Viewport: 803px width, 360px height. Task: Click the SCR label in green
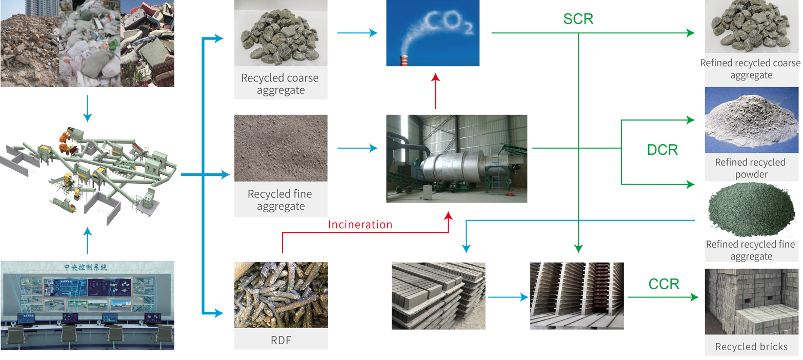(x=578, y=19)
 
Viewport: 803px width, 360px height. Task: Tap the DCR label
(x=662, y=150)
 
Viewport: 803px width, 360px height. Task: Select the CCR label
(x=664, y=284)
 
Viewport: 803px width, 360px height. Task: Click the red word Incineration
(x=360, y=225)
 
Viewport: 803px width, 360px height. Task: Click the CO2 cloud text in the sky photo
(x=446, y=23)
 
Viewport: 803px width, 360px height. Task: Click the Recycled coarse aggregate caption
(x=280, y=84)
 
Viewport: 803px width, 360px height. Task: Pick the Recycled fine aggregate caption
(x=280, y=201)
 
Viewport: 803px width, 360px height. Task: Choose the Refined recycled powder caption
(x=750, y=168)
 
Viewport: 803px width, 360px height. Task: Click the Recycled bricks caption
(x=751, y=347)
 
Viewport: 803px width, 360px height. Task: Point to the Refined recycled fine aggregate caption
(x=751, y=250)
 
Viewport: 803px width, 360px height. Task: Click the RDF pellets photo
(x=281, y=295)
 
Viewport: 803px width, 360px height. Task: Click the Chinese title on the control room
(x=86, y=267)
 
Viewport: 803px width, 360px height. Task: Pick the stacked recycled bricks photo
(x=751, y=302)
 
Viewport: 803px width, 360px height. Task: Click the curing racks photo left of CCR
(x=577, y=296)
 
